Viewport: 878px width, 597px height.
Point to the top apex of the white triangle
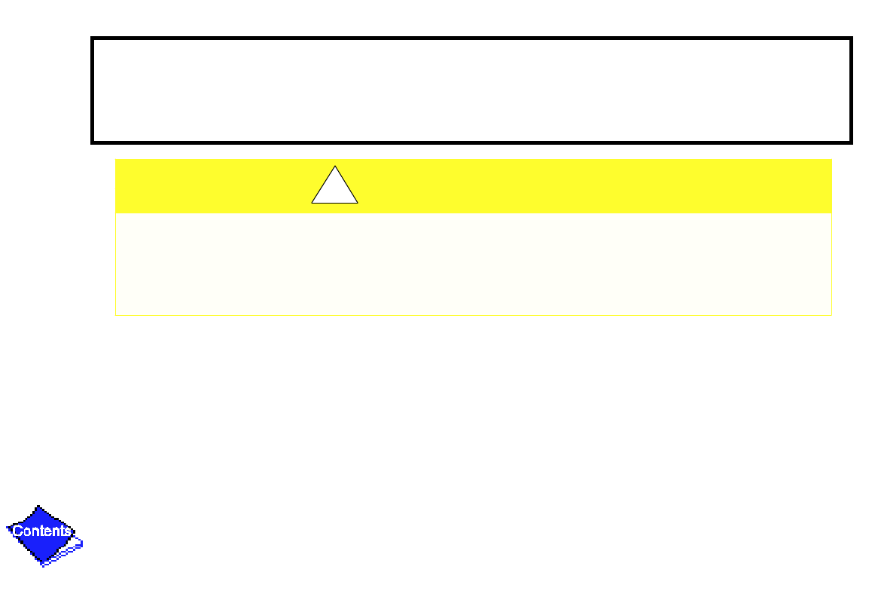pos(335,166)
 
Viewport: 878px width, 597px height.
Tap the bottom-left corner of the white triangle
pos(312,203)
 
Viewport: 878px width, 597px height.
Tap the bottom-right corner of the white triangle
pos(358,203)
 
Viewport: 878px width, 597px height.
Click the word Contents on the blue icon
pos(42,531)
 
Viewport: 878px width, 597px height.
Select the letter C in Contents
pos(17,531)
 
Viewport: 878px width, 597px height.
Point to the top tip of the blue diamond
pos(39,506)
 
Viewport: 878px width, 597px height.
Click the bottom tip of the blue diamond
pos(41,562)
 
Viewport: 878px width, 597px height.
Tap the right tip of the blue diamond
pos(75,532)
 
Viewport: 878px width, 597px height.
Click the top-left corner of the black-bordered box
pos(92,38)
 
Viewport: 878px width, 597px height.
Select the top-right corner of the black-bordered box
pos(851,38)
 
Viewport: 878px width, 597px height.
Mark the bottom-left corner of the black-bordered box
pos(92,142)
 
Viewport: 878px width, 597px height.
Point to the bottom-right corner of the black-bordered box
pos(851,142)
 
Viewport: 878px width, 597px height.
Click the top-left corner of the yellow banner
pos(116,160)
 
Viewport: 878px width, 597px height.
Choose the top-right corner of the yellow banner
pos(831,160)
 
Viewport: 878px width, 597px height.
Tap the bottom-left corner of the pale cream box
pos(116,314)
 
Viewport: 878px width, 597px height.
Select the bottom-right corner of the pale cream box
pos(831,314)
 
